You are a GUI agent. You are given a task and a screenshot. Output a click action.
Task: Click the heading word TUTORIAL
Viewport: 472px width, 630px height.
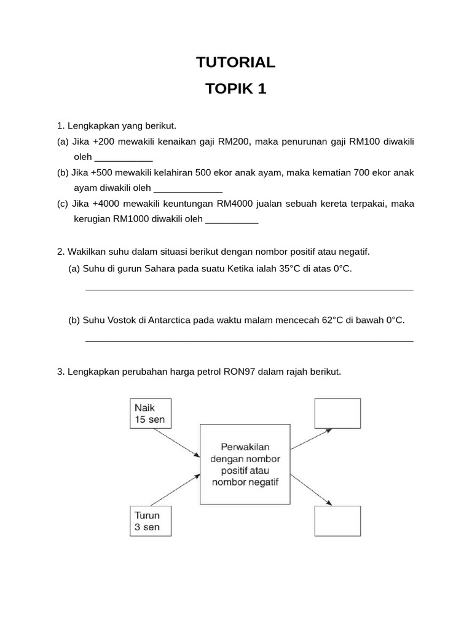tap(236, 62)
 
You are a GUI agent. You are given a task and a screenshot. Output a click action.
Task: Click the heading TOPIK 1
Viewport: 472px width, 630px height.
tap(236, 89)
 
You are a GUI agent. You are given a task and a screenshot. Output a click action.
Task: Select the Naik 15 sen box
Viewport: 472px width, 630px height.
tap(151, 413)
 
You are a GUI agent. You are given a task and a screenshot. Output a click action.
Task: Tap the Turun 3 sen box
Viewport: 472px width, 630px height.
tap(151, 521)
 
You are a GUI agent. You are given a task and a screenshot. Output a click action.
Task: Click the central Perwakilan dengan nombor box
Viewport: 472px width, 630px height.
tap(245, 464)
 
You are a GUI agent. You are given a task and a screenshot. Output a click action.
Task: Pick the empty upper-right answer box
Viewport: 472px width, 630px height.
tap(337, 413)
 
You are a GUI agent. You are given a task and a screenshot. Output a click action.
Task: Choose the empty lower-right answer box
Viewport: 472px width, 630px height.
tap(337, 520)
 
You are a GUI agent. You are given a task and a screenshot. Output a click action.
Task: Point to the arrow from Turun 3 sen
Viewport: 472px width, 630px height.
tap(176, 490)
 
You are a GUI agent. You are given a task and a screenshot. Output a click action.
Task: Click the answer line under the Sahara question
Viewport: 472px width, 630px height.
tap(249, 289)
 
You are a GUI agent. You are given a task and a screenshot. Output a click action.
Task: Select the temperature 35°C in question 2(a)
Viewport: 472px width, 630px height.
tap(285, 269)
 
